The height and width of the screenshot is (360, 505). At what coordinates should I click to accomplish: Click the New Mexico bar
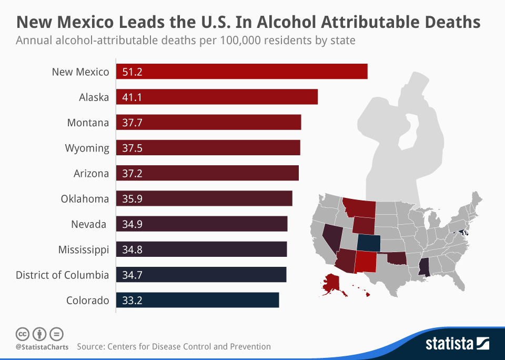(x=241, y=72)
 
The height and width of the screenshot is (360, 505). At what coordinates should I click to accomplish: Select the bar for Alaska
(x=217, y=97)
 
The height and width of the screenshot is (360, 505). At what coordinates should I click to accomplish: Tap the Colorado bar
(x=197, y=301)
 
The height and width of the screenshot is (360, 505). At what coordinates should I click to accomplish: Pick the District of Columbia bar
(x=201, y=275)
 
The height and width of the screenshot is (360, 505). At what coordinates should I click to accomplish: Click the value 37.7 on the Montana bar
(x=132, y=123)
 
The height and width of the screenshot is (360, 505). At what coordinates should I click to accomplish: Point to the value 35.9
(x=132, y=199)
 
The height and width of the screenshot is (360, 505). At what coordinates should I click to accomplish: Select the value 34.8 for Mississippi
(x=132, y=249)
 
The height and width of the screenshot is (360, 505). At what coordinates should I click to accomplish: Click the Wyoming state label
(x=87, y=148)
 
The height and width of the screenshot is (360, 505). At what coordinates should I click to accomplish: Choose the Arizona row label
(x=92, y=173)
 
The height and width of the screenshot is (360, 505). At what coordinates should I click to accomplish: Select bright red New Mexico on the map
(x=366, y=262)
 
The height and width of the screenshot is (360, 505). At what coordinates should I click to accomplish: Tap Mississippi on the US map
(x=424, y=265)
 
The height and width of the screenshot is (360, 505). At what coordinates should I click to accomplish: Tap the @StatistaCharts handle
(x=42, y=347)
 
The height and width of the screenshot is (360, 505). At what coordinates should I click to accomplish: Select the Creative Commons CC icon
(x=22, y=334)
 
